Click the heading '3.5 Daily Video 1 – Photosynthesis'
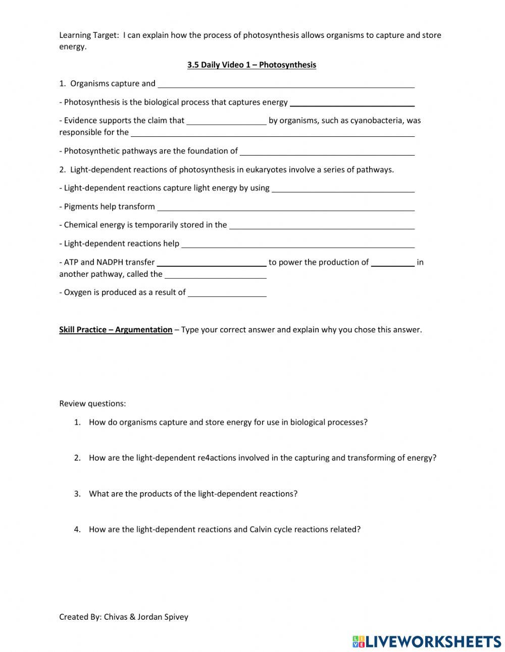(251, 65)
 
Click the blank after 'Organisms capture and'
(286, 84)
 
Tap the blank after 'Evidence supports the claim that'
(226, 121)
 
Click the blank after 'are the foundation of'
(327, 152)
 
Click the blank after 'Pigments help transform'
(286, 207)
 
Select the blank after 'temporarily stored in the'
(322, 225)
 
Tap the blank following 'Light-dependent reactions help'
(298, 244)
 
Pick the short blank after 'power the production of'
(393, 262)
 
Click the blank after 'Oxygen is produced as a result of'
(227, 293)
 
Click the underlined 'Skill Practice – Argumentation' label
(116, 330)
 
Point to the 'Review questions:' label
(92, 404)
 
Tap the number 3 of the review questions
(77, 493)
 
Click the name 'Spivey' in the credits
(176, 617)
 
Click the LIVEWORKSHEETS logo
(427, 641)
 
